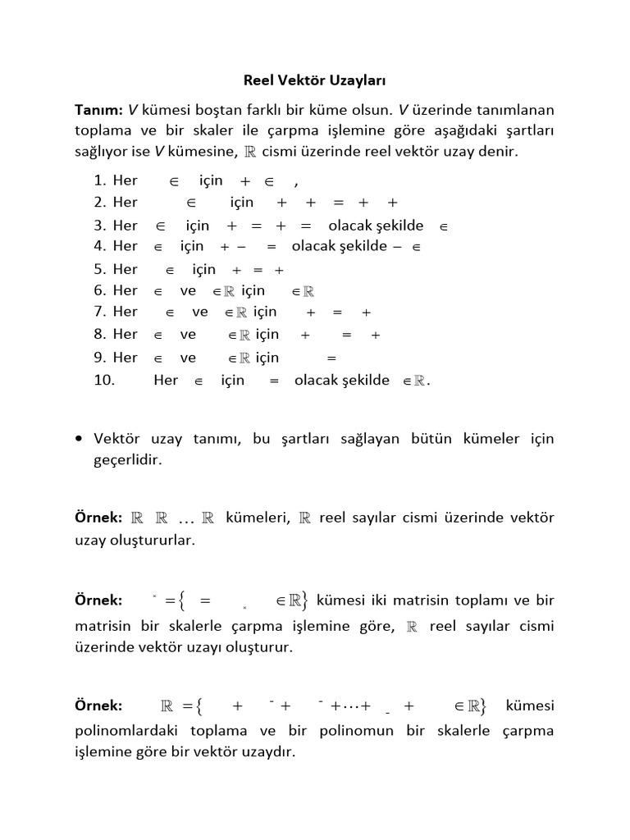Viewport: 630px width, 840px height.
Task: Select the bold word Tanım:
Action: pyautogui.click(x=98, y=110)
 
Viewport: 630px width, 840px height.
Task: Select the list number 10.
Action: pyautogui.click(x=103, y=381)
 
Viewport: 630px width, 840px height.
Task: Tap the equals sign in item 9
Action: pyautogui.click(x=332, y=358)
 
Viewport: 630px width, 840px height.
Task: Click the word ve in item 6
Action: pyautogui.click(x=188, y=290)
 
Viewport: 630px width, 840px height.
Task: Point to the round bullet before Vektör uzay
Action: pyautogui.click(x=78, y=440)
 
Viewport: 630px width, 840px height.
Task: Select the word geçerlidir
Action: pyautogui.click(x=128, y=460)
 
